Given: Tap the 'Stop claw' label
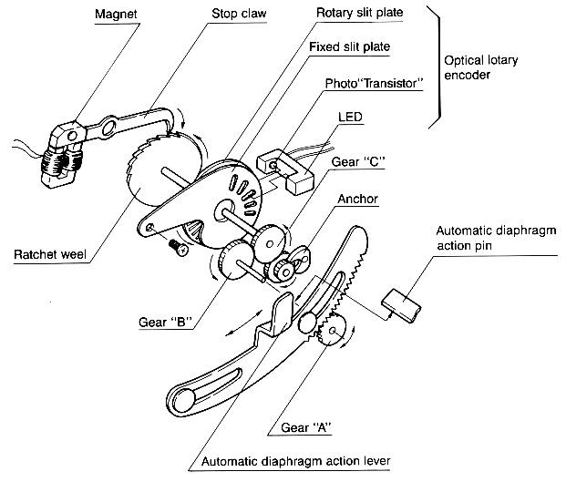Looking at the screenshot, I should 234,15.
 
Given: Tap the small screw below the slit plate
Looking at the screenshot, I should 177,246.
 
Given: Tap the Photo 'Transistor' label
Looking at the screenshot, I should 374,84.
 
